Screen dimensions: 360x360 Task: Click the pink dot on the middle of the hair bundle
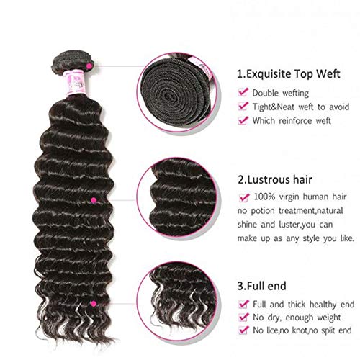93,199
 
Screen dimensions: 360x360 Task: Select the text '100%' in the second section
264,197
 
